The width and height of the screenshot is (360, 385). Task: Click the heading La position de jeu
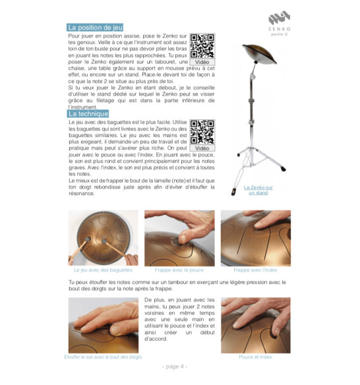point(95,28)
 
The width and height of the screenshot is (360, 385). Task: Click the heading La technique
point(88,113)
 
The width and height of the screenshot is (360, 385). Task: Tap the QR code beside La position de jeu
point(202,46)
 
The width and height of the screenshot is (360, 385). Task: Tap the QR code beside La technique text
point(202,132)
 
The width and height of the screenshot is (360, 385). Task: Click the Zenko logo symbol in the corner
point(280,17)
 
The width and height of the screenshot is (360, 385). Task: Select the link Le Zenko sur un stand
point(258,190)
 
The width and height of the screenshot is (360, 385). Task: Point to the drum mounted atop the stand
point(259,54)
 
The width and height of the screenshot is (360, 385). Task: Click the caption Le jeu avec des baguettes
point(103,270)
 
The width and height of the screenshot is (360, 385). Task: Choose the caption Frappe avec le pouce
point(179,270)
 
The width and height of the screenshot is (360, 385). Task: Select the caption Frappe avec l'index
point(255,270)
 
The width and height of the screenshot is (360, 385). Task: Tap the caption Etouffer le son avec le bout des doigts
point(103,357)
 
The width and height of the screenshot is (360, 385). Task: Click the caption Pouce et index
point(255,357)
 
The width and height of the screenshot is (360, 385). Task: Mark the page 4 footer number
point(175,367)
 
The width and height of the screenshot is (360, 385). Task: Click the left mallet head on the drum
point(88,239)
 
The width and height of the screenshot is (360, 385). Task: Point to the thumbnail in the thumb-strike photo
point(184,239)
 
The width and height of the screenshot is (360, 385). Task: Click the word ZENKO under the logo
point(280,29)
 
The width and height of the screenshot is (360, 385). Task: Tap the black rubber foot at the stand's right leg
point(283,169)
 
